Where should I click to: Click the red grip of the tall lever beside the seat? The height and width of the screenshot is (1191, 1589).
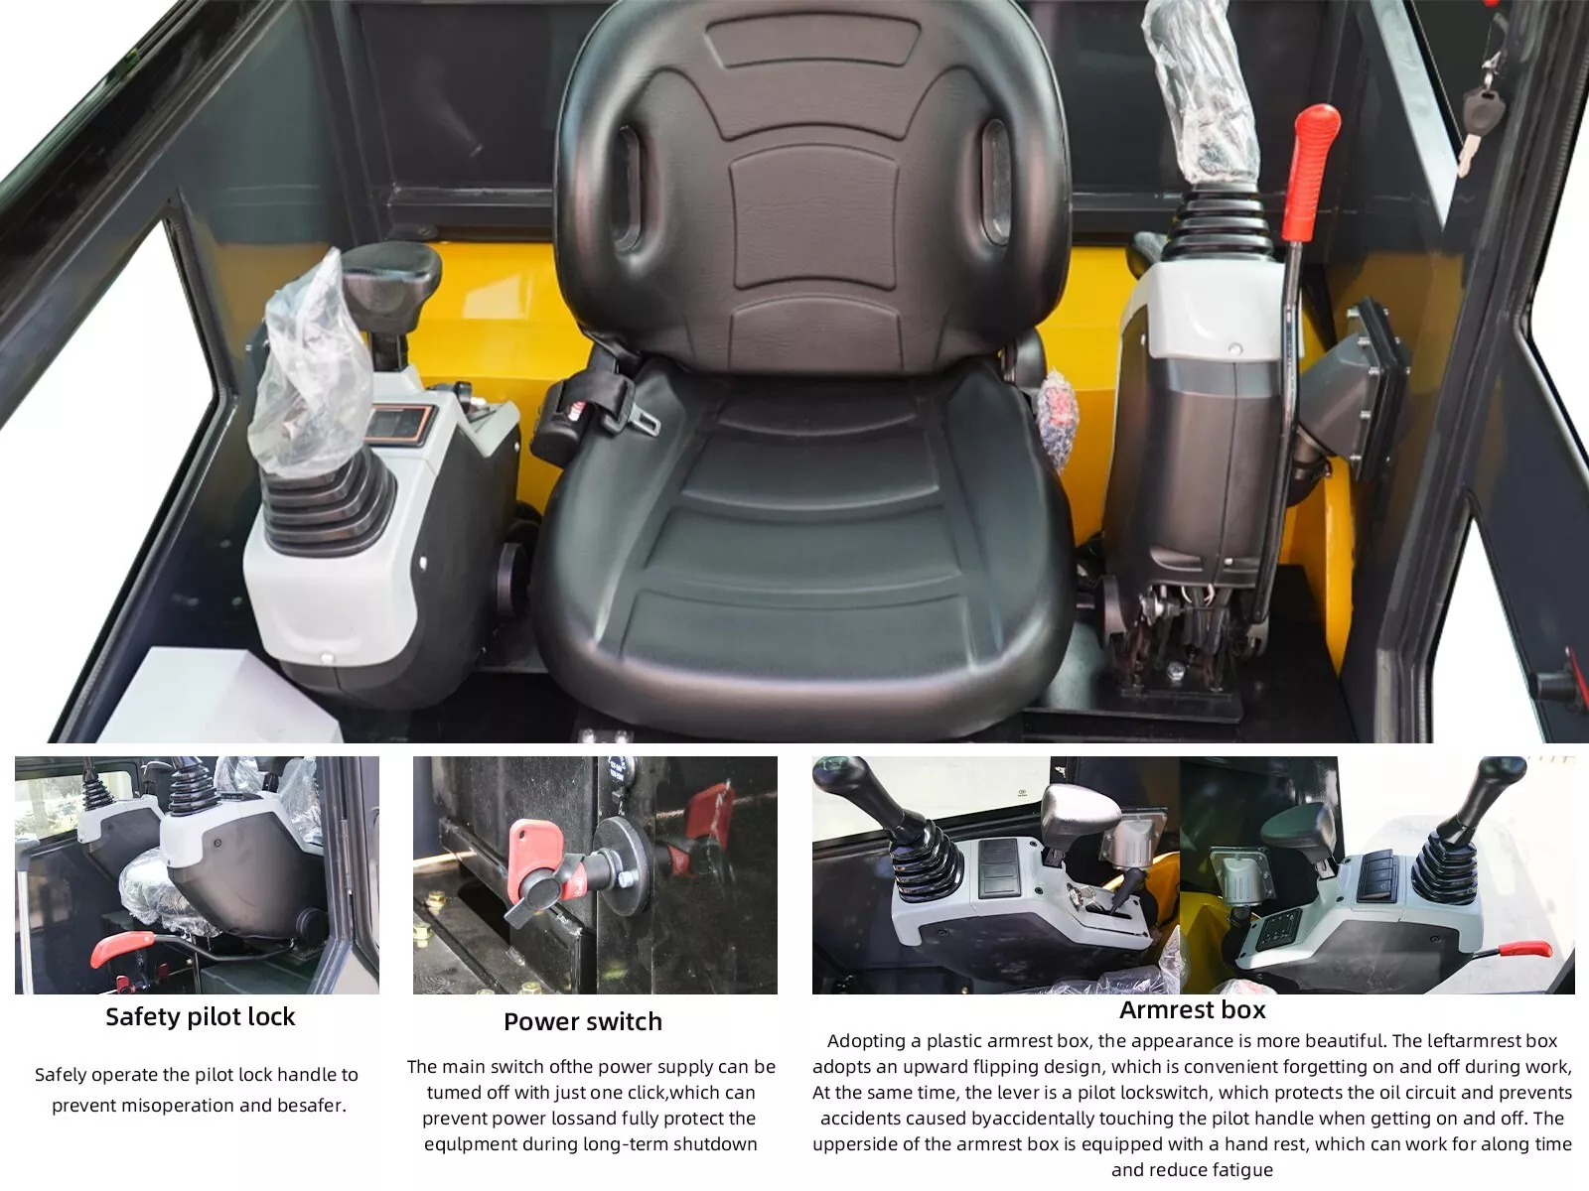[x=1310, y=171]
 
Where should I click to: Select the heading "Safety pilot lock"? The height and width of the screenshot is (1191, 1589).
[x=201, y=1016]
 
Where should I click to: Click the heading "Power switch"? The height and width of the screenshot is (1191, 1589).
[x=583, y=1021]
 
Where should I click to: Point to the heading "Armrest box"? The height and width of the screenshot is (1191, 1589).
[x=1193, y=1009]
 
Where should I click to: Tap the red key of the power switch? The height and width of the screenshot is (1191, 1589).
[x=534, y=851]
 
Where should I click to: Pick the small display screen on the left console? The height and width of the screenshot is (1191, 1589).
[x=397, y=423]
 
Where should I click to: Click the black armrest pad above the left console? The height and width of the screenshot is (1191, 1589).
[x=391, y=278]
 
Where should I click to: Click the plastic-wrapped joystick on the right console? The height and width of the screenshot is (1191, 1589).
[x=1202, y=86]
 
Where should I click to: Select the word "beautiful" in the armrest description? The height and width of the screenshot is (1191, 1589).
[x=1345, y=1040]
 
